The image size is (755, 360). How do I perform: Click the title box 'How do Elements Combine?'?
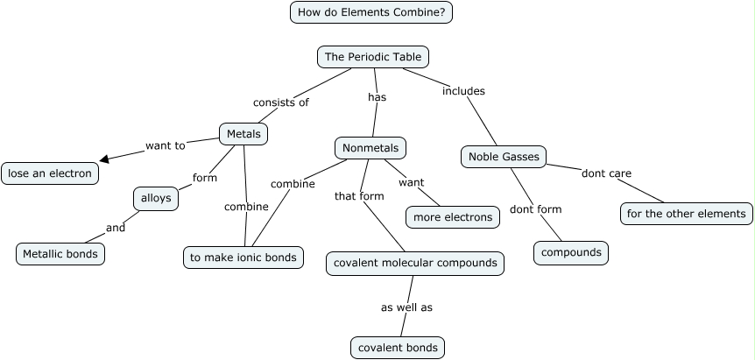[371, 12]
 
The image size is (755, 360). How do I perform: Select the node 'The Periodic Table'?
[373, 57]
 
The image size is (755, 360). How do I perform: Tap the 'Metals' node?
[243, 134]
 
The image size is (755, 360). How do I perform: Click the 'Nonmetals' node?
[371, 148]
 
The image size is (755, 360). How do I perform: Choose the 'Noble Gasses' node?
[504, 157]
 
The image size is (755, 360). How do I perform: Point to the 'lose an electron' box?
[50, 173]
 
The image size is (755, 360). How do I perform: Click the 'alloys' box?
[157, 199]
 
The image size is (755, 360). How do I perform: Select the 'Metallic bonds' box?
[60, 254]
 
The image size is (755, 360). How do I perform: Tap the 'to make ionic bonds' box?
[244, 257]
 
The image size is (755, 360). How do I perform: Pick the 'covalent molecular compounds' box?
[415, 263]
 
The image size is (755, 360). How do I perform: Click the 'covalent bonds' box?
[398, 348]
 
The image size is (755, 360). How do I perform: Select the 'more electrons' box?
[453, 217]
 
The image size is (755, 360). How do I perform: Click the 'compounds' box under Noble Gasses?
[571, 252]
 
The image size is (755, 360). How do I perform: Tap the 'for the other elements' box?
[687, 213]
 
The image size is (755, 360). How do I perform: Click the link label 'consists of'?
[281, 102]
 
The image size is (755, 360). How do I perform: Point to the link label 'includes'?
[463, 91]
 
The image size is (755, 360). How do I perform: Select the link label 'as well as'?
[406, 307]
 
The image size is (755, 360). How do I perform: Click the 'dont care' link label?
[606, 173]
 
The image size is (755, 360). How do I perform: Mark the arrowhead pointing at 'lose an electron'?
[104, 159]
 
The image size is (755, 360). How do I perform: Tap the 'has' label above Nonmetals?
[377, 97]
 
